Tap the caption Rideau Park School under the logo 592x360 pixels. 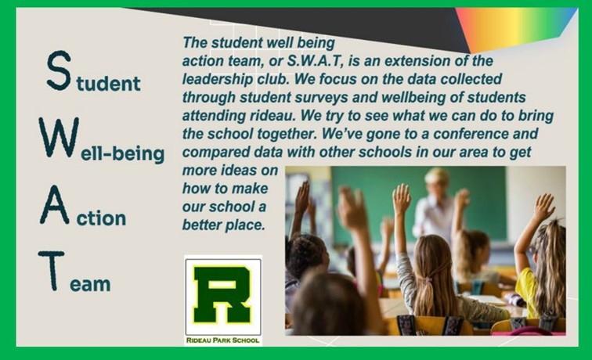point(222,340)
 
